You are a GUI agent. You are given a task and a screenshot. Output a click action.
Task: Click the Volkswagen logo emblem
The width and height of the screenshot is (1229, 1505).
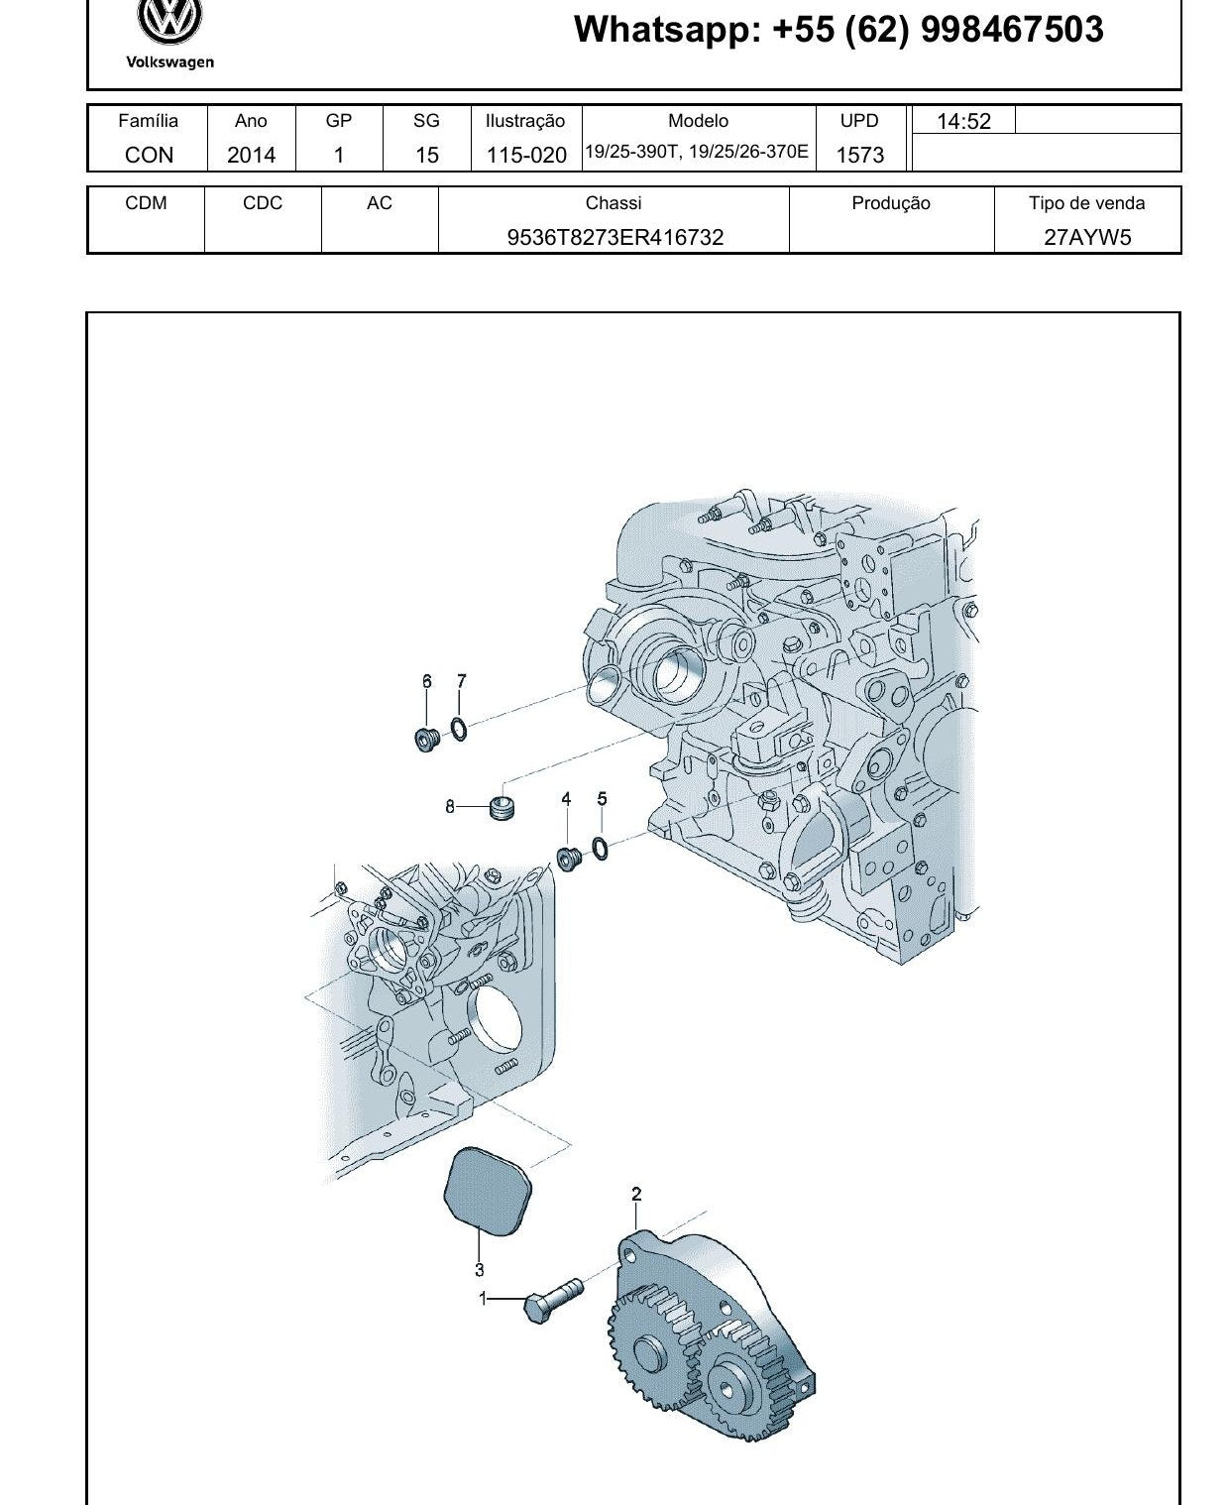click(x=169, y=20)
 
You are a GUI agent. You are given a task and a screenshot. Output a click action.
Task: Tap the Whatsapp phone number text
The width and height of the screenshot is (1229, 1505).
click(x=838, y=30)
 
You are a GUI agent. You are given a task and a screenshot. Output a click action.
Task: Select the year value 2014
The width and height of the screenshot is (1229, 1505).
click(x=251, y=155)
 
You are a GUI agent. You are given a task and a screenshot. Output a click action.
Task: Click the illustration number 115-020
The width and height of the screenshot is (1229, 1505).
click(x=526, y=155)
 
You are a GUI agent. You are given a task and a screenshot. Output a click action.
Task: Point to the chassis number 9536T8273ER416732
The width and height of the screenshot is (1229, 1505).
click(x=614, y=237)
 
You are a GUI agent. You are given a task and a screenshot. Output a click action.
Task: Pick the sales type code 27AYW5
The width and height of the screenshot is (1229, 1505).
click(x=1087, y=237)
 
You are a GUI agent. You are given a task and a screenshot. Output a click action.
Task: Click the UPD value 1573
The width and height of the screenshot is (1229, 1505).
click(x=859, y=155)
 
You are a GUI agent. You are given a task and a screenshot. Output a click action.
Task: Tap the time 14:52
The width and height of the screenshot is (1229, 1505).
click(x=963, y=121)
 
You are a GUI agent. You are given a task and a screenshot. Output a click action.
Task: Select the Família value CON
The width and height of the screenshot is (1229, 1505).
click(x=149, y=155)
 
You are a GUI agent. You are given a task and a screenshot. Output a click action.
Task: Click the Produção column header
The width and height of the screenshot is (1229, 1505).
click(x=891, y=203)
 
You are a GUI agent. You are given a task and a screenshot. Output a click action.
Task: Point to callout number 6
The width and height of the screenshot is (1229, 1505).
click(x=426, y=681)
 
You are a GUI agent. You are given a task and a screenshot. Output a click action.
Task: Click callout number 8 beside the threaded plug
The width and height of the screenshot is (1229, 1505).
click(x=449, y=806)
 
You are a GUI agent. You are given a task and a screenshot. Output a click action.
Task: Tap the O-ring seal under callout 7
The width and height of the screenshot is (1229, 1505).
click(x=459, y=730)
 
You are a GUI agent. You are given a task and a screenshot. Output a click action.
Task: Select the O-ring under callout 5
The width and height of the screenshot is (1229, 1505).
click(x=600, y=849)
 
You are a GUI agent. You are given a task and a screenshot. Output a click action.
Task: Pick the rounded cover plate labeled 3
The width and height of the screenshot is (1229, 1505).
click(x=488, y=1191)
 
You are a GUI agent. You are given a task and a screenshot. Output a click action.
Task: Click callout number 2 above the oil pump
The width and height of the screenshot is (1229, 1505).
click(x=636, y=1193)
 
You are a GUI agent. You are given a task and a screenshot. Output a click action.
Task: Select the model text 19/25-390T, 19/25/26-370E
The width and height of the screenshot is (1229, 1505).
click(x=697, y=152)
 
